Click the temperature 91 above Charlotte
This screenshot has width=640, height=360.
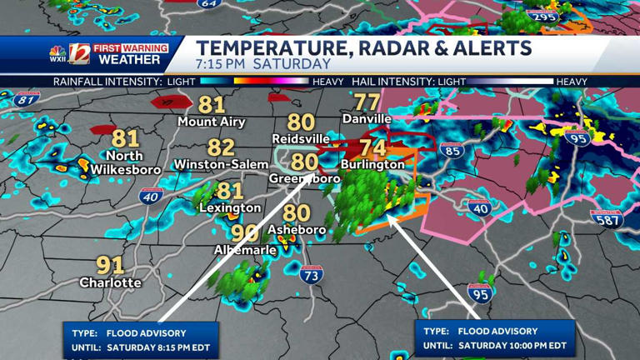pyautogui.click(x=110, y=266)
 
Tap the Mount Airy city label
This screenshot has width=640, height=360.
pyautogui.click(x=212, y=122)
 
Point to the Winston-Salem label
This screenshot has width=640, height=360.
pyautogui.click(x=221, y=165)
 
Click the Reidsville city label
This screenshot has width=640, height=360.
pyautogui.click(x=301, y=138)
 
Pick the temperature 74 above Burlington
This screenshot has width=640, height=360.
pyautogui.click(x=372, y=147)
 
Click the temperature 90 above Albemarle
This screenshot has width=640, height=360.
pyautogui.click(x=243, y=232)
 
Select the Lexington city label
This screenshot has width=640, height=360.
pyautogui.click(x=230, y=207)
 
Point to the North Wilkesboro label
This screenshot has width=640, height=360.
pyautogui.click(x=124, y=162)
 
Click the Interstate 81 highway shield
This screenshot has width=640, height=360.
pyautogui.click(x=27, y=100)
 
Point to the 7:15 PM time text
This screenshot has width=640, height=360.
pyautogui.click(x=221, y=64)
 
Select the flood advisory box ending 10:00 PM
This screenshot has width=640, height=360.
pyautogui.click(x=495, y=338)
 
